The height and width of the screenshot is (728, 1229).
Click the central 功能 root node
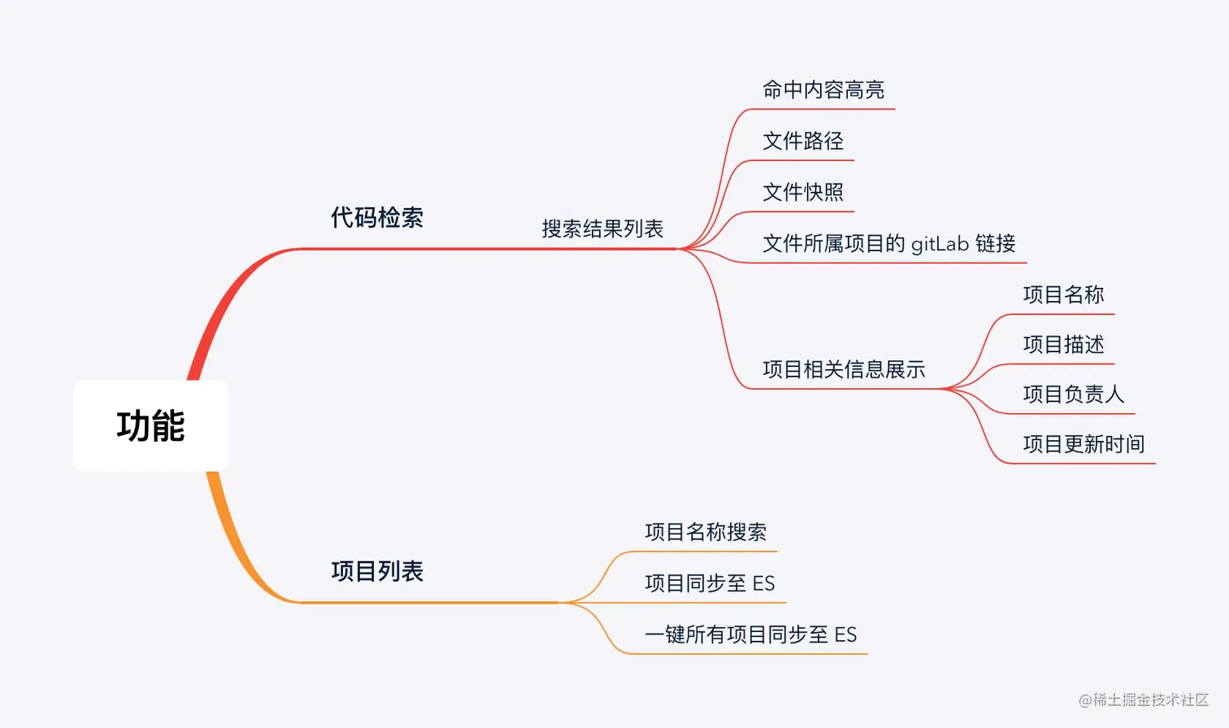pyautogui.click(x=150, y=426)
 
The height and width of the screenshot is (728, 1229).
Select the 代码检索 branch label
pyautogui.click(x=377, y=218)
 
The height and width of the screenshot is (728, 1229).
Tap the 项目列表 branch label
pyautogui.click(x=377, y=572)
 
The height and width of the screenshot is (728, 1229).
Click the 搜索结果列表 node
pyautogui.click(x=602, y=229)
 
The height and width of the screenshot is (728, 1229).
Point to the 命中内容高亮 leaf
pyautogui.click(x=823, y=90)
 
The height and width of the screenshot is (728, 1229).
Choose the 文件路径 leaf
pyautogui.click(x=802, y=142)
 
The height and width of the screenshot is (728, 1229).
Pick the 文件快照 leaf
pyautogui.click(x=802, y=193)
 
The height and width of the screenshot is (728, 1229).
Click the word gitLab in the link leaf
pyautogui.click(x=940, y=244)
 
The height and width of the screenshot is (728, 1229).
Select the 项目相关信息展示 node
pyautogui.click(x=844, y=370)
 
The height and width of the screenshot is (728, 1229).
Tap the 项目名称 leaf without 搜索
pyautogui.click(x=1063, y=295)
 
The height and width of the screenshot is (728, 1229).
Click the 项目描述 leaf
pyautogui.click(x=1063, y=345)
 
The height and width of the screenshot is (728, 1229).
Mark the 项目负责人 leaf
pyautogui.click(x=1073, y=395)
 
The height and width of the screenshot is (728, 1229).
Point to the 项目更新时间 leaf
pyautogui.click(x=1084, y=445)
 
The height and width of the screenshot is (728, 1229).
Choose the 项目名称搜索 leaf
pyautogui.click(x=706, y=533)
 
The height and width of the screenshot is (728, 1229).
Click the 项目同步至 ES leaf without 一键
pyautogui.click(x=710, y=584)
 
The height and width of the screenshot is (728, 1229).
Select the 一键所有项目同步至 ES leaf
pyautogui.click(x=750, y=635)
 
